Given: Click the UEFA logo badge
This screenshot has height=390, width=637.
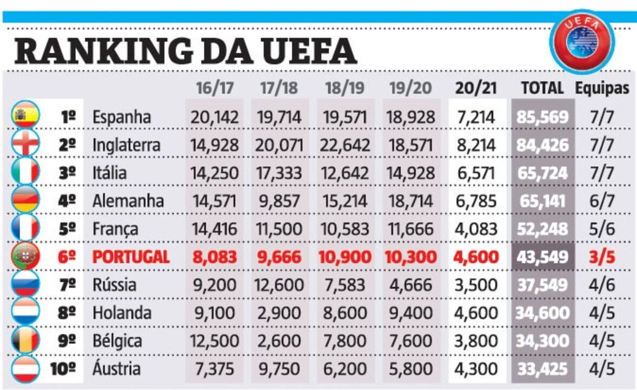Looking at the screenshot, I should click(x=581, y=41).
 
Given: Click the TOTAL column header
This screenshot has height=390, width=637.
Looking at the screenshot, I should click(x=542, y=88).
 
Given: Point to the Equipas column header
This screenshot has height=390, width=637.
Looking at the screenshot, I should click(x=602, y=88).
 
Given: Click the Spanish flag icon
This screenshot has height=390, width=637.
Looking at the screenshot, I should click(x=25, y=115).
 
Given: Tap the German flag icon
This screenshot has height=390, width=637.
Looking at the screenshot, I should click(x=25, y=199).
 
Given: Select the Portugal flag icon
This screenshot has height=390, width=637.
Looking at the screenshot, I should click(x=25, y=256).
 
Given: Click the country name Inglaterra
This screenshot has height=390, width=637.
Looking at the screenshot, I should click(x=126, y=145).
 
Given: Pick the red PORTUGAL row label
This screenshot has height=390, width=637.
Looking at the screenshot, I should click(x=131, y=257).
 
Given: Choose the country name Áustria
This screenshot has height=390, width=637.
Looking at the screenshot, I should click(x=116, y=369).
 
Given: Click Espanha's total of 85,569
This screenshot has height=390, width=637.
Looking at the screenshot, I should click(x=542, y=117).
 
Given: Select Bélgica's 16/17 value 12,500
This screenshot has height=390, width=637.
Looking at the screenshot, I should click(x=214, y=341).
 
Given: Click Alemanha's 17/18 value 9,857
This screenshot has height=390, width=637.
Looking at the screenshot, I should click(x=279, y=201).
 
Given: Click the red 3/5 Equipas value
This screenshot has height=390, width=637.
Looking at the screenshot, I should click(x=602, y=257).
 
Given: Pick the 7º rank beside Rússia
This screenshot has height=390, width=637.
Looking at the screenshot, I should click(x=67, y=285).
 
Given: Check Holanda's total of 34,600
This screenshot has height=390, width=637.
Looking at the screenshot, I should click(x=542, y=313).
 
